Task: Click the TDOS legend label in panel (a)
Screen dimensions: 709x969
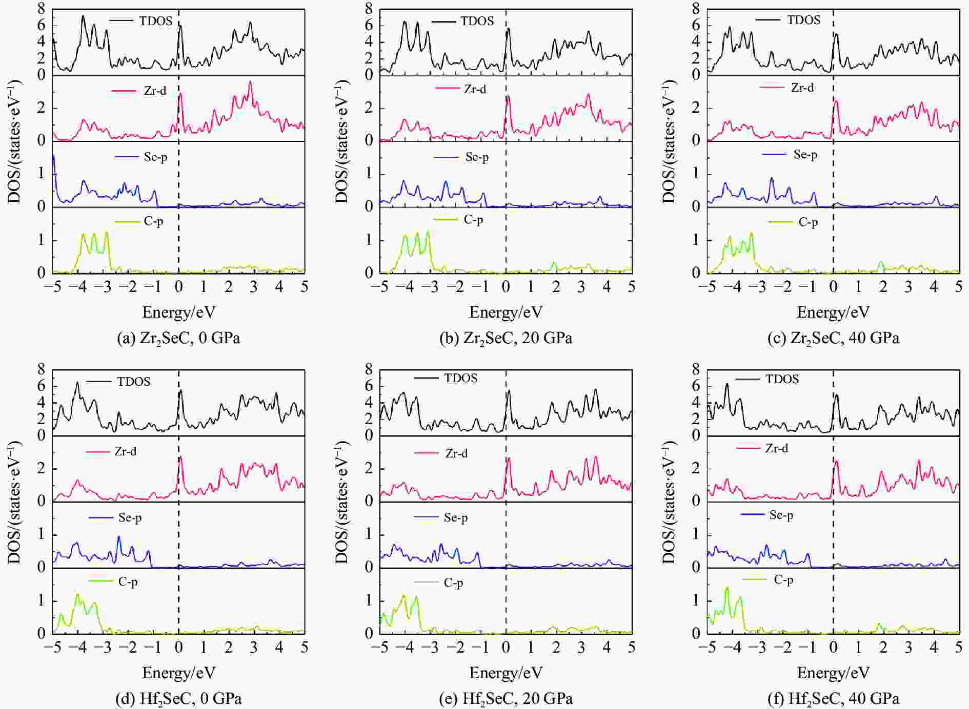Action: (x=156, y=21)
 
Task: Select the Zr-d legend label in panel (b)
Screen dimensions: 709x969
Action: (x=475, y=89)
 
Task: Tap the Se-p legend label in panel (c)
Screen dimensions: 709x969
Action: (x=805, y=154)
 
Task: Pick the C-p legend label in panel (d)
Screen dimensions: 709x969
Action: (x=128, y=581)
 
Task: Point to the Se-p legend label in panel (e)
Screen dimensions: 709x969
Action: (x=456, y=517)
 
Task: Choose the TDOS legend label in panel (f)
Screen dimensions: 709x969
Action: (x=782, y=379)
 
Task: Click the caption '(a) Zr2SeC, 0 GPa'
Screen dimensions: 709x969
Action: (x=178, y=338)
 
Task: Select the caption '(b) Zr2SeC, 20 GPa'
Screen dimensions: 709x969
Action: (x=506, y=338)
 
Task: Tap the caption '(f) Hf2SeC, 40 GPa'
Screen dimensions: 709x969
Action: (x=833, y=698)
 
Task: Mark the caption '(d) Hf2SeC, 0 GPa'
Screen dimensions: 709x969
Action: (x=178, y=698)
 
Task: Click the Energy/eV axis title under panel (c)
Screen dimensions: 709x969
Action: (x=833, y=312)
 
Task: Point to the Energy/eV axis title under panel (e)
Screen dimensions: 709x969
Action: (x=506, y=672)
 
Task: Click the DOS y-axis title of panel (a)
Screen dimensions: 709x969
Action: (x=14, y=141)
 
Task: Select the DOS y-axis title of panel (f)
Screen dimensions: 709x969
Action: (x=669, y=502)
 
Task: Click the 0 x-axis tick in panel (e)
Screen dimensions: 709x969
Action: (x=506, y=647)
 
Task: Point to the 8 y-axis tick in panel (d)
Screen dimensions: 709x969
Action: (x=41, y=369)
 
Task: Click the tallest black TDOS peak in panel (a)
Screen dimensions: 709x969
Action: (x=83, y=16)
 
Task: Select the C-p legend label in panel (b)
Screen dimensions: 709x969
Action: (x=473, y=219)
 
